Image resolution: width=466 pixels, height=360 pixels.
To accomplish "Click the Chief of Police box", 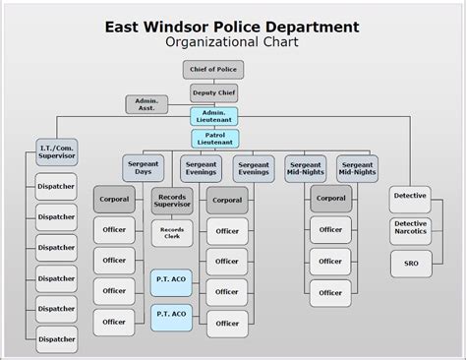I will pyautogui.click(x=211, y=69).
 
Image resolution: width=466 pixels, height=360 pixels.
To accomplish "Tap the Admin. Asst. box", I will pyautogui.click(x=146, y=104).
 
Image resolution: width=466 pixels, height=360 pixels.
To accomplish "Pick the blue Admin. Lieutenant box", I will pyautogui.click(x=213, y=116).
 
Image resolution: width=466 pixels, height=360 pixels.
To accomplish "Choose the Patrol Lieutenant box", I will pyautogui.click(x=213, y=138).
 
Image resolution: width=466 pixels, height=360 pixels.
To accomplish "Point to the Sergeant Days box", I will pyautogui.click(x=143, y=167).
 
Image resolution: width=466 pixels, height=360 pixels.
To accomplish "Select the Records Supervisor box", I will pyautogui.click(x=171, y=201).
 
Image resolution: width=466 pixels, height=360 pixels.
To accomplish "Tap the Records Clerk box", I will pyautogui.click(x=171, y=233).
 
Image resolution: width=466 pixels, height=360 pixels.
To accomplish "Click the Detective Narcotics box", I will pyautogui.click(x=410, y=229).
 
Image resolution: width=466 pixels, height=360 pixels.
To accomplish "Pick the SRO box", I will pyautogui.click(x=410, y=264).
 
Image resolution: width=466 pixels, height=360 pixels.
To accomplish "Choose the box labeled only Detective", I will pyautogui.click(x=410, y=196).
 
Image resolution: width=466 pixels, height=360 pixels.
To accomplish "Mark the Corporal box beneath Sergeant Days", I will pyautogui.click(x=115, y=200).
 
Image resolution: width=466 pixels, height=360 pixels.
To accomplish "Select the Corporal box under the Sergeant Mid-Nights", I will pyautogui.click(x=331, y=199).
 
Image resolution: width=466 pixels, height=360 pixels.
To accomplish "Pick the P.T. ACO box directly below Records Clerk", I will pyautogui.click(x=171, y=279).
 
